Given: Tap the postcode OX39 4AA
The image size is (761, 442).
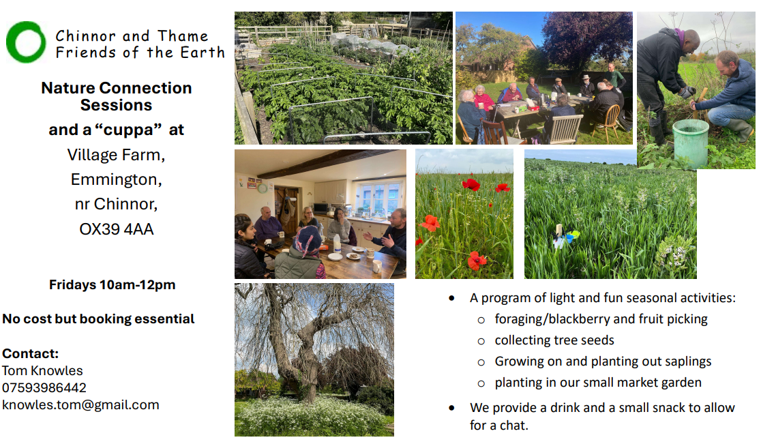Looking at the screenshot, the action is pos(117,229).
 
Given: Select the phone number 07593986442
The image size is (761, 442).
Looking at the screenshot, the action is pos(44,387).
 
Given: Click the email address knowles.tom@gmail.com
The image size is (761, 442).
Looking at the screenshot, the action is pos(80,405).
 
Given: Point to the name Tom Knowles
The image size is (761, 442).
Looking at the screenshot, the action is pos(42,370).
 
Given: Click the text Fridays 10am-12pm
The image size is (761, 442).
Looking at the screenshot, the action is pos(112,285).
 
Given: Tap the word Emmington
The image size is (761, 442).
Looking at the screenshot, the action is pos(116,179).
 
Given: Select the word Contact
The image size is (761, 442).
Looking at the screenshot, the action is pos(30,353).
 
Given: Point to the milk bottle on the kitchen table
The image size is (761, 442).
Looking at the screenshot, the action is pos(337,244).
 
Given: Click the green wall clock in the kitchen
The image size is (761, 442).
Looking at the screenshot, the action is pos(263,188).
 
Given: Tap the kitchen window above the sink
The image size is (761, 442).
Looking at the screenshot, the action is pos(378,198).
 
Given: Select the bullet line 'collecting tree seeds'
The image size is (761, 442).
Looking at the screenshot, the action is pos(554,340).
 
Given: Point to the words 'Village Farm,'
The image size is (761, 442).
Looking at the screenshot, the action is pos(116,155).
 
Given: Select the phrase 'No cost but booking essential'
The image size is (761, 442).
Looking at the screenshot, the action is pos(98,319).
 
